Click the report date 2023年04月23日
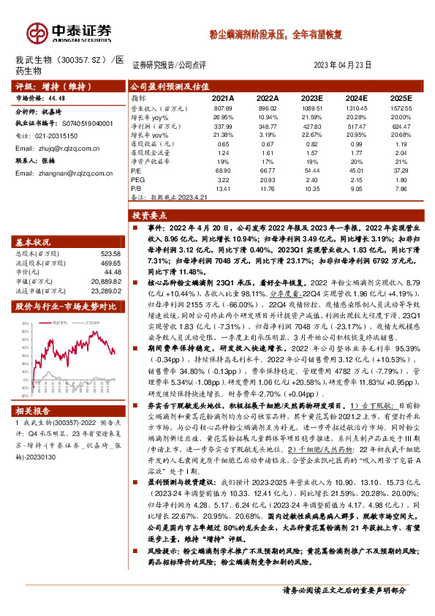point(348,64)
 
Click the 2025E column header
point(401,97)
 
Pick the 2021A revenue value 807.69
point(223,108)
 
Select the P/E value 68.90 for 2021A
point(223,170)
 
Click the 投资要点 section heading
point(151,216)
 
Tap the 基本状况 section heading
point(34,242)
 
